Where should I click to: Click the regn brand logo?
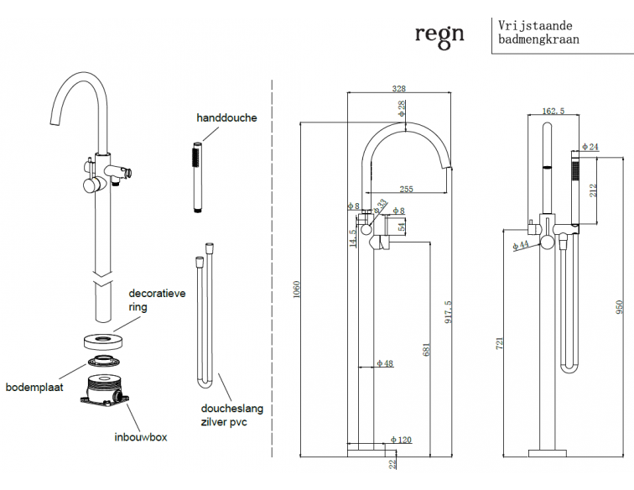coord(439,34)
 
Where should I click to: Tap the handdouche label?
coord(226,118)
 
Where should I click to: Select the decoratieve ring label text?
coord(156,300)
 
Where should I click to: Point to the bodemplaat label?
coord(34,387)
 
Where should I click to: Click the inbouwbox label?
coord(141,437)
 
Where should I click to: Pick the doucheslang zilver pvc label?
coord(231,415)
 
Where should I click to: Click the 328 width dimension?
coord(400,87)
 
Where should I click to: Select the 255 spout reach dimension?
coord(405,190)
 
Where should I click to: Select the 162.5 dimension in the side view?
coord(553,111)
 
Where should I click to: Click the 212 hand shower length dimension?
coord(594,190)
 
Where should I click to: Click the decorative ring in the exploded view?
coord(105,341)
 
